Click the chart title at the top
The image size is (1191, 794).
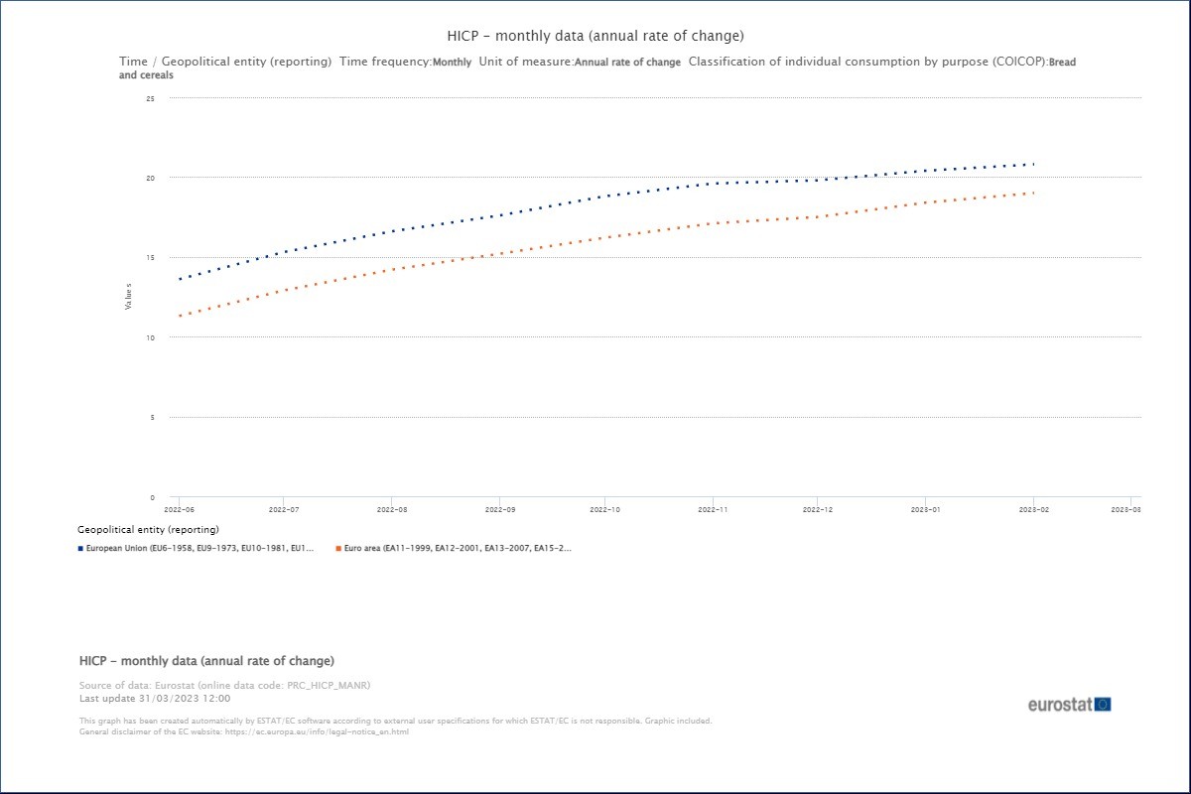tap(595, 37)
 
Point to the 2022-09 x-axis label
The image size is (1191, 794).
tap(498, 509)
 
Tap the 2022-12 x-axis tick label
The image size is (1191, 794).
tap(818, 509)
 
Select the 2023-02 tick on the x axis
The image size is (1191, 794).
tap(1033, 509)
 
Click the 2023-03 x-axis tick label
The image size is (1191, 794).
tap(1125, 509)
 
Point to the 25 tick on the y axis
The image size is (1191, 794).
tap(150, 98)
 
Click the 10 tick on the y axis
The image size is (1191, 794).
tap(150, 337)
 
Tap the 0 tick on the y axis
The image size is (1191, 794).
tap(152, 497)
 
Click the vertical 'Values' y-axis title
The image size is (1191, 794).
tap(128, 296)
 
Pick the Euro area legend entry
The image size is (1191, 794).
tap(458, 548)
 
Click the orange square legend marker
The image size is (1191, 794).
tap(338, 548)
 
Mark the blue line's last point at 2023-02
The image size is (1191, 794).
tap(1033, 164)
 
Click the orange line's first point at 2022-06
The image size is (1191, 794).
tap(179, 316)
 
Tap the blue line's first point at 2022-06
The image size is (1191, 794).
tap(179, 279)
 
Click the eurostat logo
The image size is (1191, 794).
tap(1069, 705)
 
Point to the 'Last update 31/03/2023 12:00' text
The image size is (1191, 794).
tap(155, 698)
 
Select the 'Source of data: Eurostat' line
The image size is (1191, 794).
tap(224, 686)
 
